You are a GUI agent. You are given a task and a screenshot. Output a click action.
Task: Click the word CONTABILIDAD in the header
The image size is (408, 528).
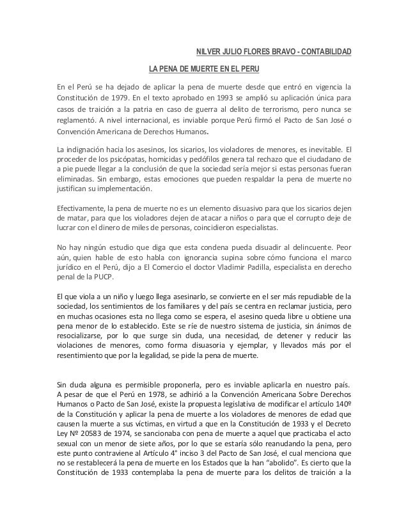(x=324, y=52)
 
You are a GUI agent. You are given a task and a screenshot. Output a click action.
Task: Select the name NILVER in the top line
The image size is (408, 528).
(x=208, y=52)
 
